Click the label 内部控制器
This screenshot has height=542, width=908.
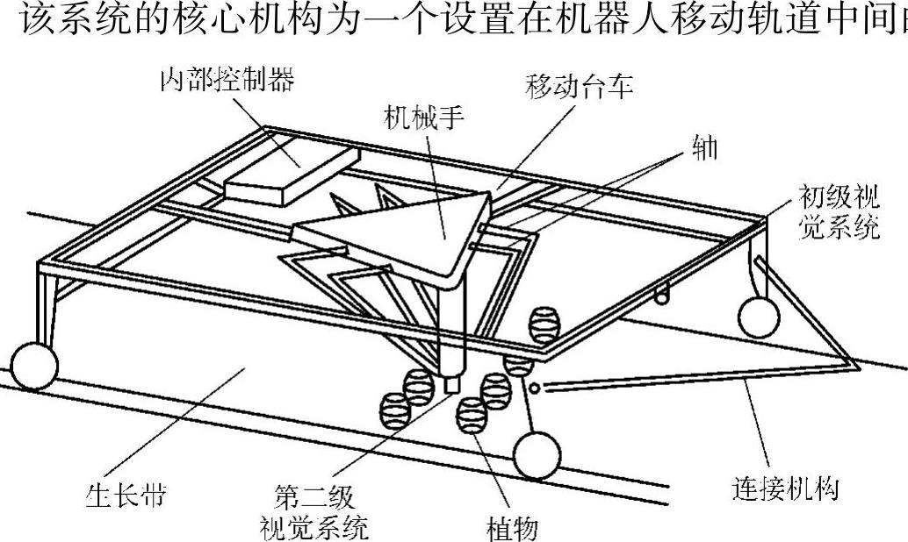226,81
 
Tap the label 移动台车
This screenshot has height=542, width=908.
579,86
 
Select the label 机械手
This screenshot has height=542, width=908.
423,118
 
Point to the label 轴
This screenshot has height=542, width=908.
704,148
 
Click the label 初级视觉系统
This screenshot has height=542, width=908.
839,211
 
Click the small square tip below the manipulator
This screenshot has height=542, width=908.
454,384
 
